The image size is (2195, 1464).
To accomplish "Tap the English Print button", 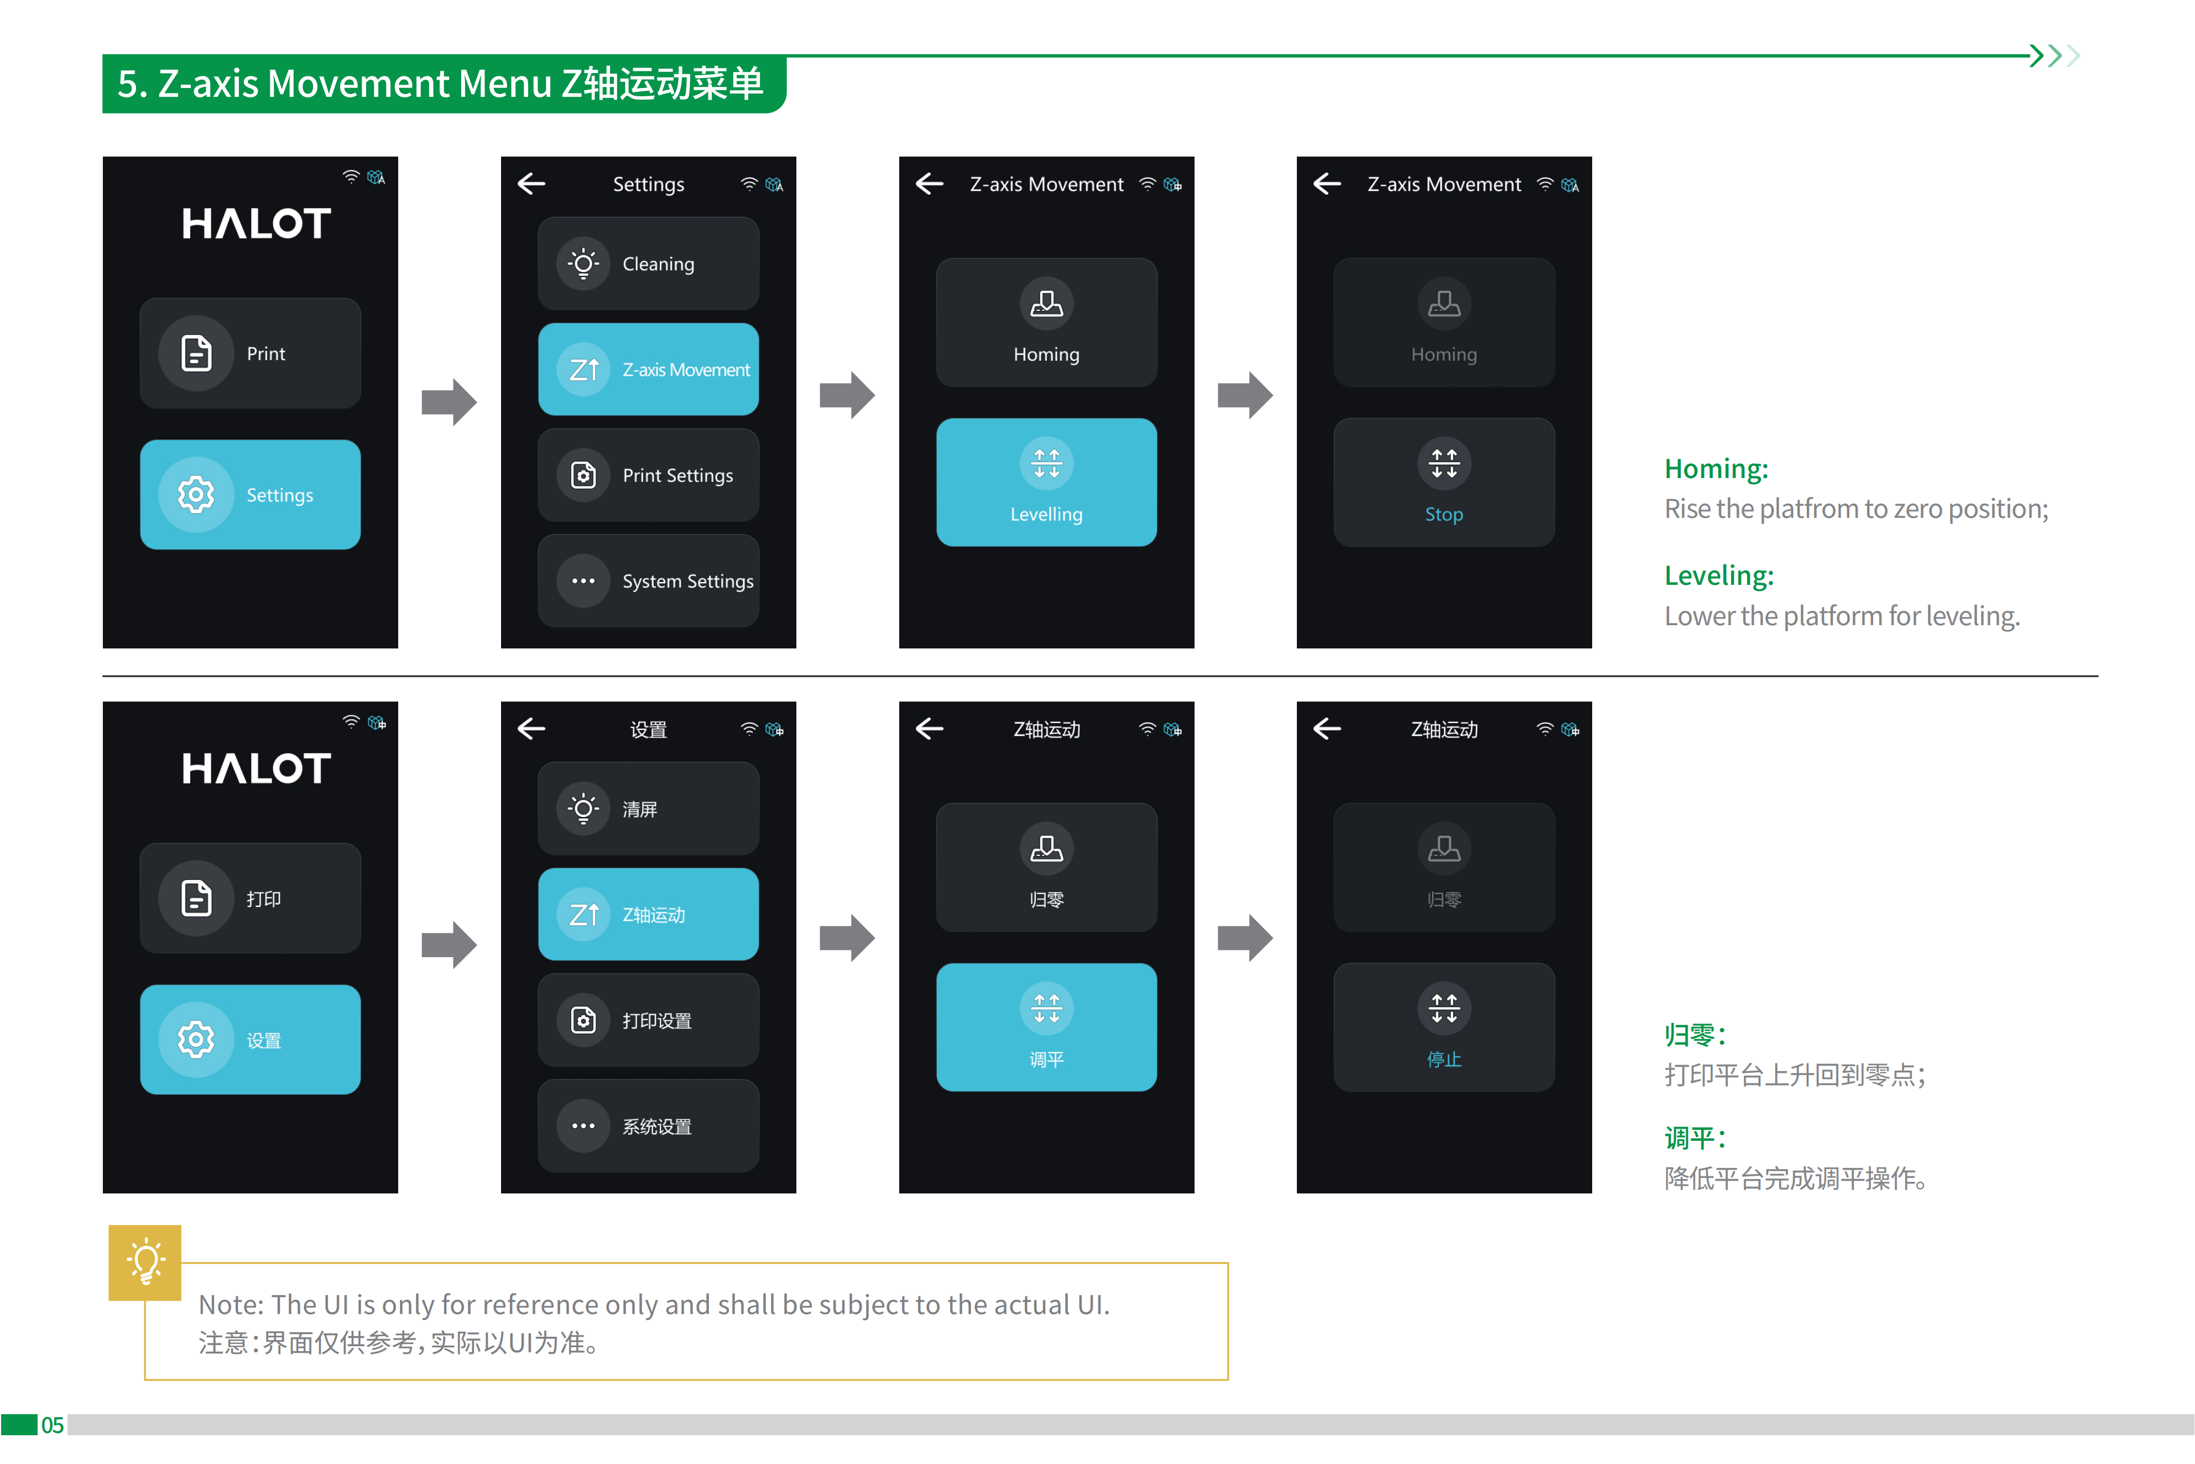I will pos(250,353).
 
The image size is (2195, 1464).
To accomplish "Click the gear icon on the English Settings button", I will pos(196,494).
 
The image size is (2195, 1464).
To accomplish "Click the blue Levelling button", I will pos(1046,482).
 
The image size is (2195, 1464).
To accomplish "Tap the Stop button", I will pos(1444,482).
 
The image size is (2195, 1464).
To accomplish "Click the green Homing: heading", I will pos(1716,469).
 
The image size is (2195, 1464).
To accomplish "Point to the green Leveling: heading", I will pos(1719,575).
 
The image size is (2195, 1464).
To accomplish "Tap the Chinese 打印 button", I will pos(250,898).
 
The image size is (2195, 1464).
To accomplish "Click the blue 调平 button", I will pos(1046,1027).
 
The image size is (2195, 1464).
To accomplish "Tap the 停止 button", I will pos(1444,1027).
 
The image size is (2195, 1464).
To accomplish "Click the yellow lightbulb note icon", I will pos(145,1263).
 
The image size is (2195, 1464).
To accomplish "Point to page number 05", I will pos(52,1425).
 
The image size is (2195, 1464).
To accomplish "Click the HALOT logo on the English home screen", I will pos(256,224).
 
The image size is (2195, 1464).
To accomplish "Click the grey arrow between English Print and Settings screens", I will pos(449,402).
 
